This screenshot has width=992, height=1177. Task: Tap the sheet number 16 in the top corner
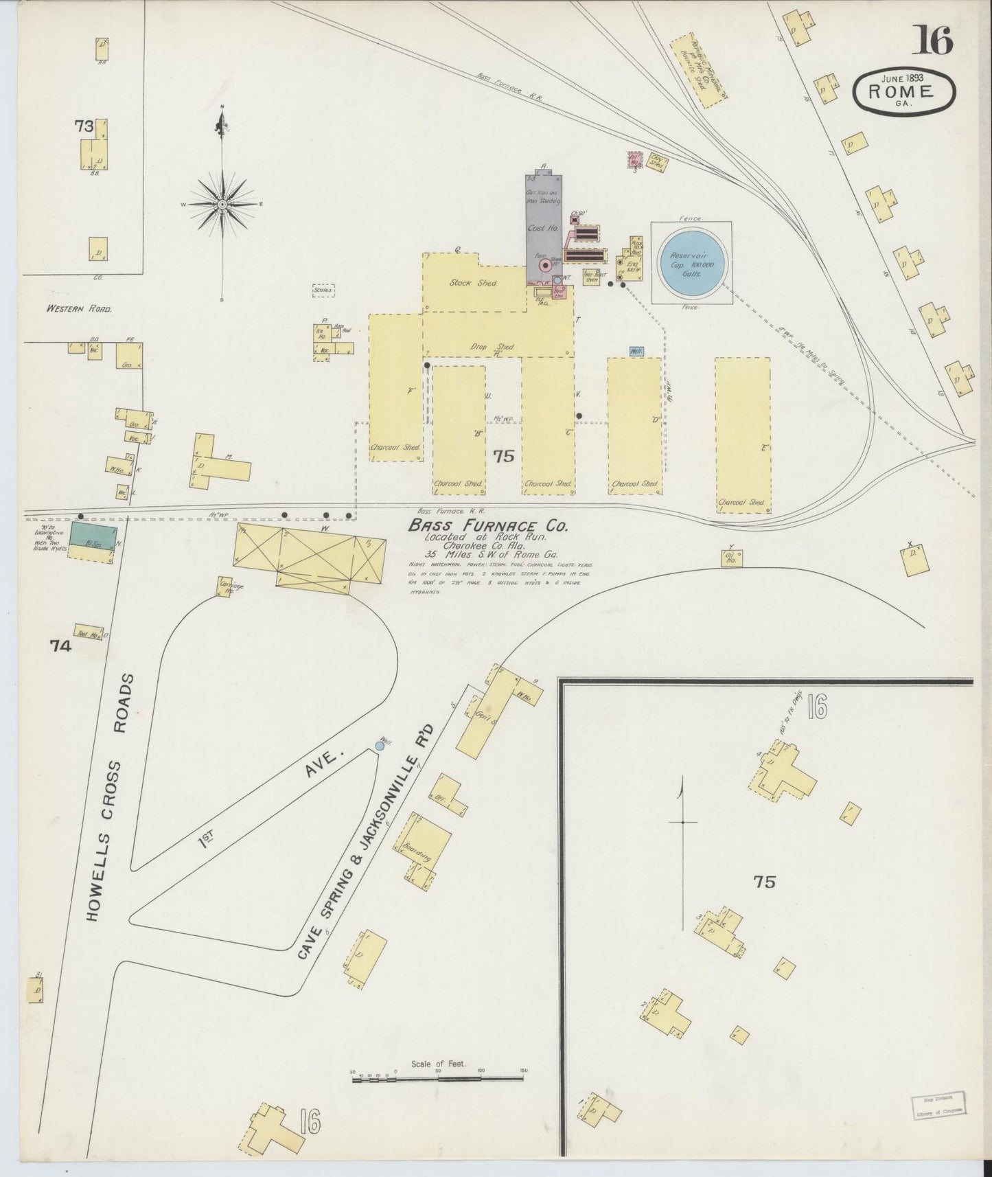[x=932, y=43]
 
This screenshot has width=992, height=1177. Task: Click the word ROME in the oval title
[x=900, y=92]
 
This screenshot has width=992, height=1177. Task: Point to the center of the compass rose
[x=223, y=205]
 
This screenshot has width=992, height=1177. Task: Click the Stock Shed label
[x=473, y=282]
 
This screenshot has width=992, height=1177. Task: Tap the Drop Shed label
[x=498, y=347]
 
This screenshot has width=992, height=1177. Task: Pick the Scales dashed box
[x=323, y=291]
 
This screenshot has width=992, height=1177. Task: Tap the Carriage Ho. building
[x=223, y=588]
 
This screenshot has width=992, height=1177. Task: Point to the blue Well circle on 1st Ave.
[x=380, y=745]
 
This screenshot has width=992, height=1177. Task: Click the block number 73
[x=84, y=126]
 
